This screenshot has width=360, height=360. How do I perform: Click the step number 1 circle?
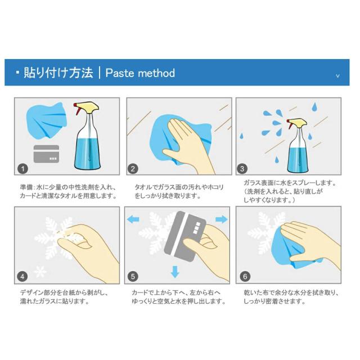pos(22,169)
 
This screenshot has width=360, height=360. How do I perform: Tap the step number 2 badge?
pos(133,169)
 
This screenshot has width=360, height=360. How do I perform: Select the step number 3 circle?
pos(242,169)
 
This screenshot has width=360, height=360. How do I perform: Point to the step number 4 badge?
pos(22,276)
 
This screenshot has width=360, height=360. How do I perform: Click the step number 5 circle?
pos(133,276)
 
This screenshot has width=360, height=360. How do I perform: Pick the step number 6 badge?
pos(245,276)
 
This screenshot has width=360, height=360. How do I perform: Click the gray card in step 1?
pos(46,154)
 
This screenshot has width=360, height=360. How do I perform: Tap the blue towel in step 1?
pos(47,120)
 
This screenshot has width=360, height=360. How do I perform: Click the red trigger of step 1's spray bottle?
pos(76,109)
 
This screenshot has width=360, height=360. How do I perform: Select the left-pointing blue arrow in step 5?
pos(133,219)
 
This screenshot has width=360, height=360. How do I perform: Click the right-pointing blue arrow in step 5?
pos(222,219)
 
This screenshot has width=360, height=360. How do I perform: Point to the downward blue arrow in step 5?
pos(175,272)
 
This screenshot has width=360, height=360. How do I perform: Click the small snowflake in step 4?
pos(40,271)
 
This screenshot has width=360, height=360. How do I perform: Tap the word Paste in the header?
pos(119,73)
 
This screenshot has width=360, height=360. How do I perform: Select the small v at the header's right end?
pos(337,76)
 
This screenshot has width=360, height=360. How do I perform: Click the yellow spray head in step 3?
pos(298,121)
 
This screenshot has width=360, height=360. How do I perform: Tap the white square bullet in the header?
pos(17,73)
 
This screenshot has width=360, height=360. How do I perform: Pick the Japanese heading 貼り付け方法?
pos(58,73)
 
